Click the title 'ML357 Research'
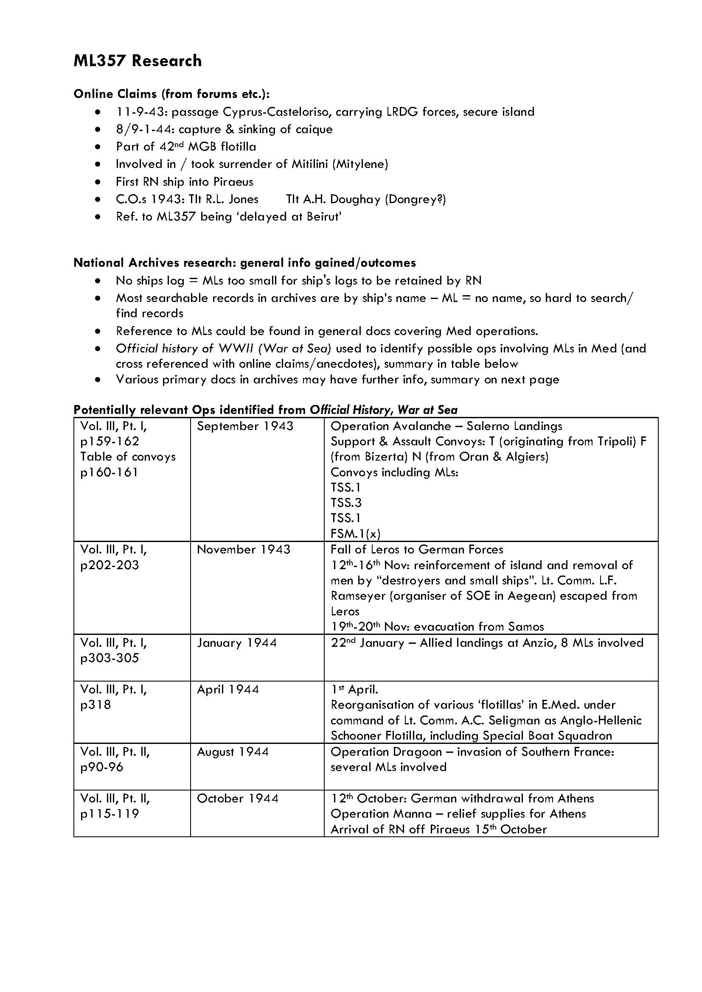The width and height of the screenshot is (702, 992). (x=138, y=61)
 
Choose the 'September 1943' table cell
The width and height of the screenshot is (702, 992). (x=245, y=426)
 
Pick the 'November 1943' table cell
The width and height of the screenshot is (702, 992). (x=243, y=550)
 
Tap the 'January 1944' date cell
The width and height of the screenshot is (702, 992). (x=237, y=643)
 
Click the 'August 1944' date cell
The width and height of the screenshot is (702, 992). (x=233, y=752)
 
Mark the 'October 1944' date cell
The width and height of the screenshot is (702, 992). (x=237, y=799)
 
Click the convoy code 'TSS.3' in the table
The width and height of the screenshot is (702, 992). (x=346, y=503)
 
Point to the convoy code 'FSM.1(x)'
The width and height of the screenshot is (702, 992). (x=355, y=534)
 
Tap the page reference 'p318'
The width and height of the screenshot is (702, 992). (x=95, y=705)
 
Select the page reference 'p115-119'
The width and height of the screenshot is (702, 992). (x=110, y=814)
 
